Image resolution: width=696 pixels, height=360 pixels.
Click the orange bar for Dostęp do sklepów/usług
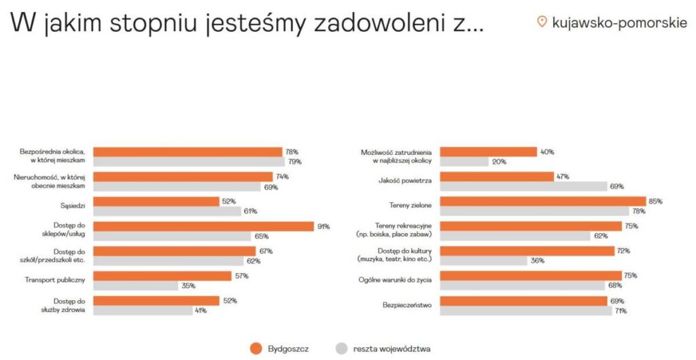click(x=204, y=227)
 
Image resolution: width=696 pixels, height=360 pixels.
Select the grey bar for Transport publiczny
click(x=135, y=286)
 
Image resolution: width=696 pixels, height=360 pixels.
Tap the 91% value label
click(x=324, y=227)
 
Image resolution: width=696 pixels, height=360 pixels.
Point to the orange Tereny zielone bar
click(x=543, y=201)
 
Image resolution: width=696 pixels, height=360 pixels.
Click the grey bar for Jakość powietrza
click(x=524, y=186)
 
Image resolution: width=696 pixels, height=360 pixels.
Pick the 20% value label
click(x=500, y=162)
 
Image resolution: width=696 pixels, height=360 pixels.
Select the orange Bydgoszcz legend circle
click(x=256, y=348)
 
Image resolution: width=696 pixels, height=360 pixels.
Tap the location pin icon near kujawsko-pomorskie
click(x=542, y=22)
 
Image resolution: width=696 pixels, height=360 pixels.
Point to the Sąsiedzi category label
click(x=73, y=206)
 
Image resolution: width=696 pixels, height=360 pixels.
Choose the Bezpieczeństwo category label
click(x=407, y=305)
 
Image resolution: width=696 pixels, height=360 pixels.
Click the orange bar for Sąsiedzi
click(x=156, y=201)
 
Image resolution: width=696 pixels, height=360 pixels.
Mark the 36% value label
click(x=538, y=261)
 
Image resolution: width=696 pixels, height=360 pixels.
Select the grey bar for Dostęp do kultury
click(x=484, y=261)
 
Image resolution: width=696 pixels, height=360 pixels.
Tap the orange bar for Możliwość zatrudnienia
click(x=489, y=152)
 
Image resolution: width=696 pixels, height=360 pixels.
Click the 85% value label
click(x=656, y=201)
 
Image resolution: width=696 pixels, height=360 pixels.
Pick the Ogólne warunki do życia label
click(x=395, y=281)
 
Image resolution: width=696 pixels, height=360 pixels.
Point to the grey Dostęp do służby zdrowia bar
click(x=143, y=310)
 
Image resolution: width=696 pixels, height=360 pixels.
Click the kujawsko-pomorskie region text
click(x=620, y=22)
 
